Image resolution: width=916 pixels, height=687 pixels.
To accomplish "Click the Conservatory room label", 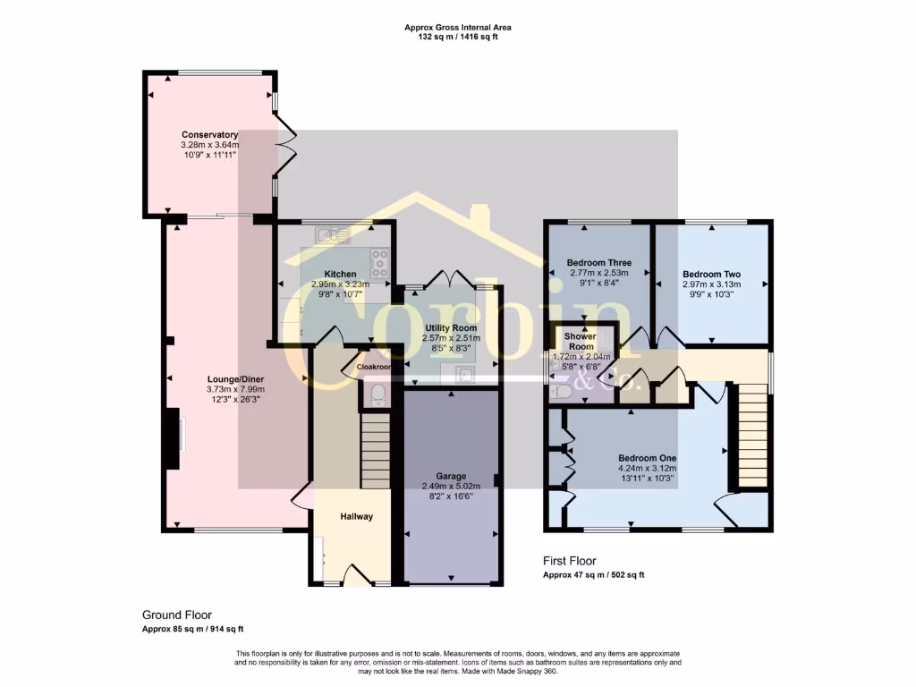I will (x=209, y=135).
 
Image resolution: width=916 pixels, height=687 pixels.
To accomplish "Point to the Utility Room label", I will (x=451, y=328).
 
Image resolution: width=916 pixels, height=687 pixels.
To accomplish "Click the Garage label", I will (x=451, y=476).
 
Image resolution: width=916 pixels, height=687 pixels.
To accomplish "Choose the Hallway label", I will (x=356, y=516).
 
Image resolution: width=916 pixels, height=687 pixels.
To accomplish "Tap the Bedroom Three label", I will (x=598, y=263).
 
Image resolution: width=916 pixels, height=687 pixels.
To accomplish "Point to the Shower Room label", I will (x=581, y=341).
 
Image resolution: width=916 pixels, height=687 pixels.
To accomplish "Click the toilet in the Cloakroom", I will (x=377, y=394).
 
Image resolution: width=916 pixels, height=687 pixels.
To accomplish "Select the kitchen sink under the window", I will (x=332, y=235).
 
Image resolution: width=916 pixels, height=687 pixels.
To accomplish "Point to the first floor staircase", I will (x=753, y=434).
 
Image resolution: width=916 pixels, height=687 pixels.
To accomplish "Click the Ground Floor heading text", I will (x=177, y=615).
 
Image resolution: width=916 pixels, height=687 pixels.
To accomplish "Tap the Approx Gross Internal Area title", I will (x=458, y=28).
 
